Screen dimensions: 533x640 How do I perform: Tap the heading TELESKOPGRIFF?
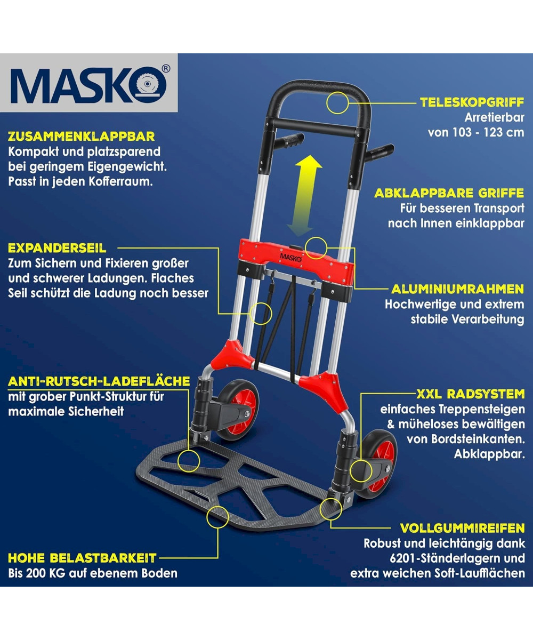(x=472, y=102)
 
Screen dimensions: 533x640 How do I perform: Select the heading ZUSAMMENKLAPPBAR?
(x=82, y=137)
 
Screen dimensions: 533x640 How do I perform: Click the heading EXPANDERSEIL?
(x=57, y=248)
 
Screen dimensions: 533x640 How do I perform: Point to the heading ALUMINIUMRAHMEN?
(x=458, y=290)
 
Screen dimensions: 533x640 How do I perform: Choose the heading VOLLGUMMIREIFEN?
(x=463, y=528)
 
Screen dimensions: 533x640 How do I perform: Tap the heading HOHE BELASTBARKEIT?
(x=83, y=558)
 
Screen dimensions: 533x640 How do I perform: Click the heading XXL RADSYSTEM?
(x=471, y=394)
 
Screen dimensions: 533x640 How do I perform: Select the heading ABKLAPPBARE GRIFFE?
(x=449, y=193)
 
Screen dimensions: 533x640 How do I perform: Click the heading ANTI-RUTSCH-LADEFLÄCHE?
(x=99, y=381)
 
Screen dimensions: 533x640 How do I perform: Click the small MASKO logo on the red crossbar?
(x=291, y=257)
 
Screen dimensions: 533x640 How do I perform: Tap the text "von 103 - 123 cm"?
(x=476, y=132)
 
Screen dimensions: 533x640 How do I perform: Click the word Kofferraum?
(x=120, y=181)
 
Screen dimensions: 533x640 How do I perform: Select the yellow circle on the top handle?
(x=337, y=103)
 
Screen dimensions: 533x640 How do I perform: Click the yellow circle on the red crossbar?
(x=316, y=248)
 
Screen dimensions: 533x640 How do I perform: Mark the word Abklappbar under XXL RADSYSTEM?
(x=489, y=454)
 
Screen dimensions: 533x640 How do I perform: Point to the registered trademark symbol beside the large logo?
(x=165, y=69)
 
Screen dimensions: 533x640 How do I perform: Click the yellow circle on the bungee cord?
(x=261, y=314)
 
